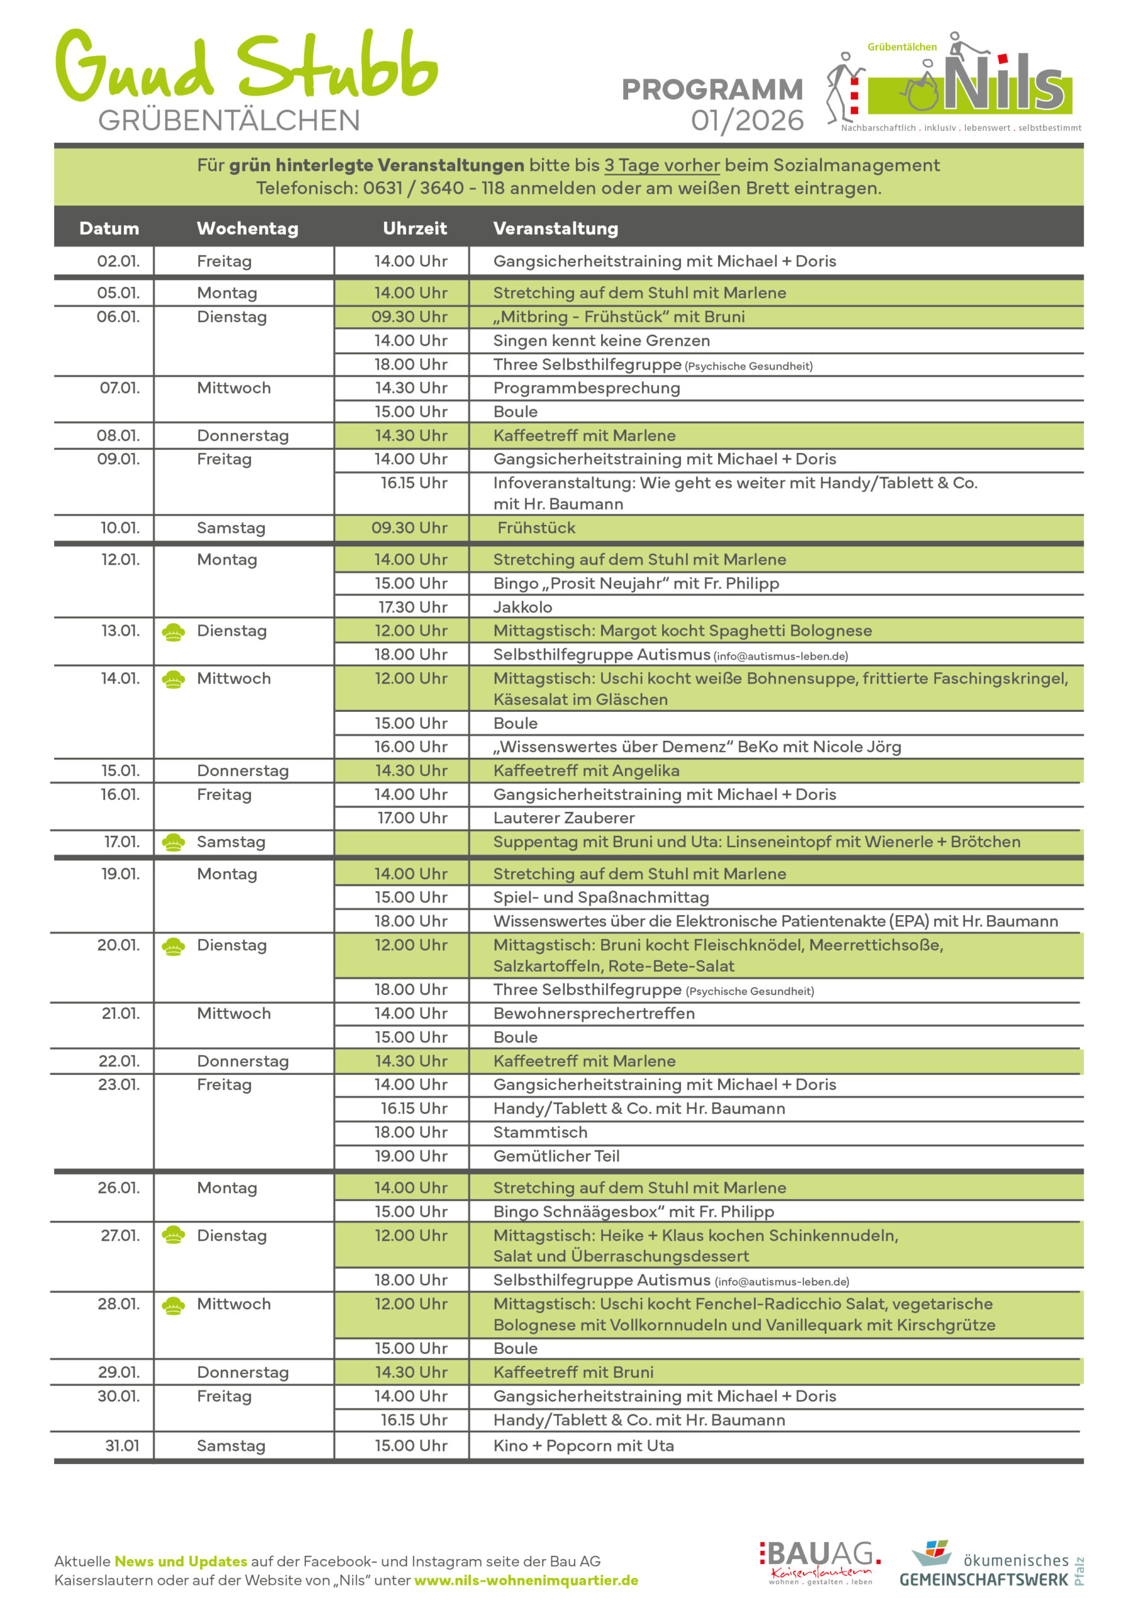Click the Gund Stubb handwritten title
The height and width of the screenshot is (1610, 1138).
point(245,67)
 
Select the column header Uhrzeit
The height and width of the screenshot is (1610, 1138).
point(414,228)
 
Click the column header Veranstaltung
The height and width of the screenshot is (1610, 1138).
point(555,228)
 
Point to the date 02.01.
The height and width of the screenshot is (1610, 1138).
point(118,261)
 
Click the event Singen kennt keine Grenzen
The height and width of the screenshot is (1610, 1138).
point(601,340)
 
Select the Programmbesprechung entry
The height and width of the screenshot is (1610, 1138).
point(586,388)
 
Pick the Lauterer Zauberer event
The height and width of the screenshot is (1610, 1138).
point(564,818)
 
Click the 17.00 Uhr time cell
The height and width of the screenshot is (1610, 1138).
point(412,818)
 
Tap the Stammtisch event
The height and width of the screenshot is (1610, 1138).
point(540,1132)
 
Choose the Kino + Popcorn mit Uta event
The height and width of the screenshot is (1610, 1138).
point(583,1445)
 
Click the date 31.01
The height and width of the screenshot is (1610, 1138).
point(122,1445)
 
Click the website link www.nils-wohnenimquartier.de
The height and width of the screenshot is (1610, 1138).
point(526,1580)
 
